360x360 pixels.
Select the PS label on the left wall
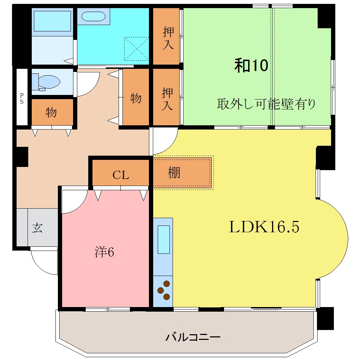coord(22,99)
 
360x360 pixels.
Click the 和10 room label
coord(252,66)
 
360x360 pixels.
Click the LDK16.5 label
coord(264,227)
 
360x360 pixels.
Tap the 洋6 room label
coord(104,252)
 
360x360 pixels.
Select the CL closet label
coord(121,175)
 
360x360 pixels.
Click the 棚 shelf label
coord(174,173)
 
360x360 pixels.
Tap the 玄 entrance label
coord(37,228)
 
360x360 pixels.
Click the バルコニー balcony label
coord(193,337)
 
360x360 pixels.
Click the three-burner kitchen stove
coord(163,290)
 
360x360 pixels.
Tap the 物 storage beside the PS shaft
coord(51,113)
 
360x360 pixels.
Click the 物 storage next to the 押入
coord(136,98)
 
